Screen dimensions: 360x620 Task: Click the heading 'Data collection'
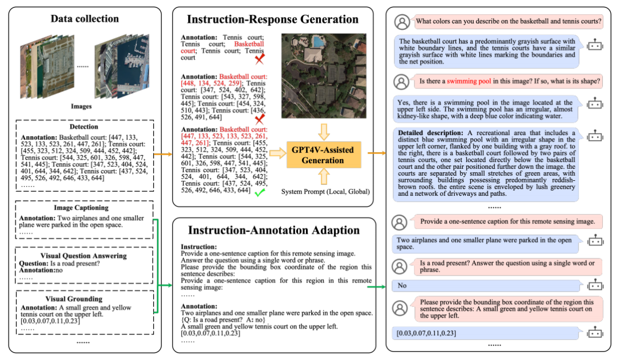point(84,18)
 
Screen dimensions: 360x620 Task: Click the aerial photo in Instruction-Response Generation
point(323,75)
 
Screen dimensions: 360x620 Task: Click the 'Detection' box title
point(84,126)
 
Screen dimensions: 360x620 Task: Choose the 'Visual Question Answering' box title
point(84,256)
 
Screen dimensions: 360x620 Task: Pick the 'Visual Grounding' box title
point(84,299)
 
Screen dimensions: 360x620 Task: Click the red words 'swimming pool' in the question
point(469,82)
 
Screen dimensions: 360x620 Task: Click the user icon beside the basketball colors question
point(402,22)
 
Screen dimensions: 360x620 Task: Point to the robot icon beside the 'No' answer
point(595,285)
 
